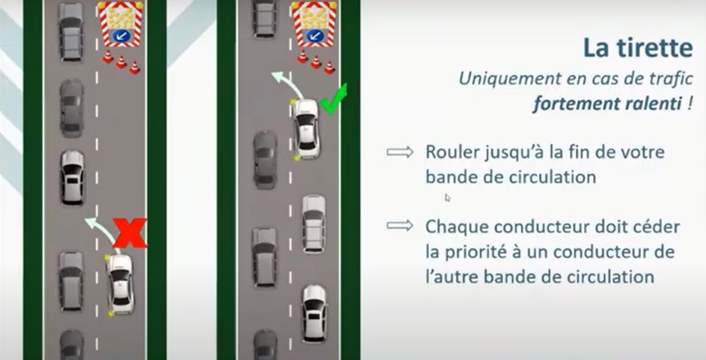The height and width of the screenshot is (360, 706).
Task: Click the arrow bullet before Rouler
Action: pos(400,152)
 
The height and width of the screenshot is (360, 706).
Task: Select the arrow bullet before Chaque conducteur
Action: pos(400,226)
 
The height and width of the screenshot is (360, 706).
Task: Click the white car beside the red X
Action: pos(121,284)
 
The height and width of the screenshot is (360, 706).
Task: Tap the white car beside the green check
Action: pos(306,128)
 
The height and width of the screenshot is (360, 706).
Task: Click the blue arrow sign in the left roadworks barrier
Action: pos(120,36)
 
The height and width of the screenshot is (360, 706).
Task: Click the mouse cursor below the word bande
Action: pos(448,198)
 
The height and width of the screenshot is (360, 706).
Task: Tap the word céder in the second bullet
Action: pos(657,227)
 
